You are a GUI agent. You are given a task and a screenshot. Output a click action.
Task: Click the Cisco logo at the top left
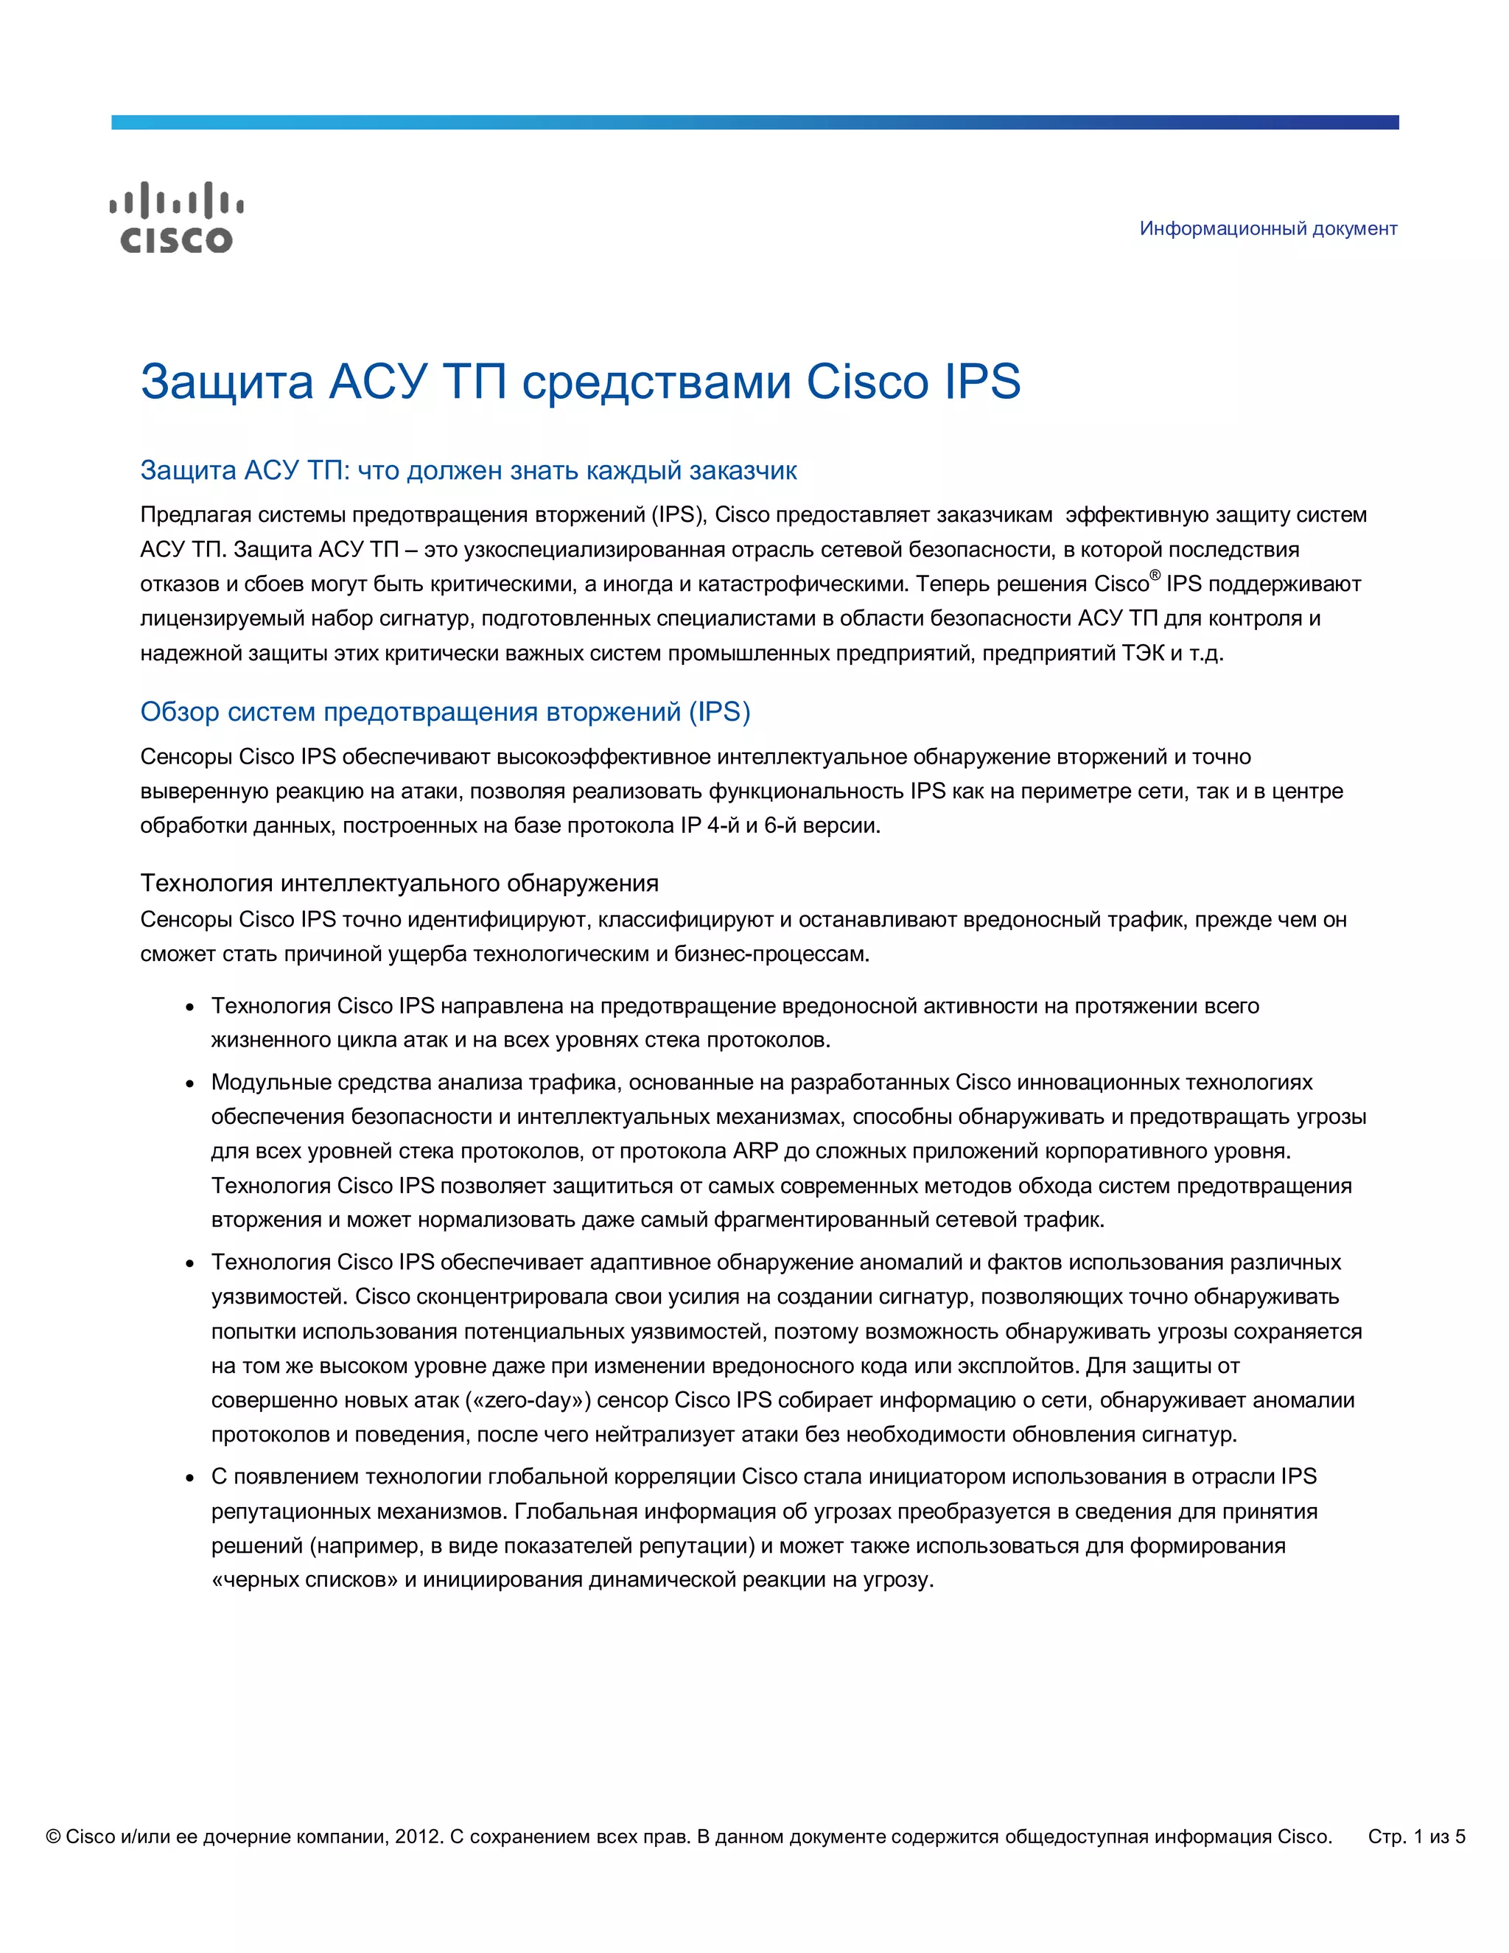tap(176, 217)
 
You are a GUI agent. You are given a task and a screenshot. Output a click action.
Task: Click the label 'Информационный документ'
tap(1267, 229)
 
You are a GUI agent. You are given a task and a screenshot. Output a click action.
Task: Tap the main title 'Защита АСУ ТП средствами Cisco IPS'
tap(580, 382)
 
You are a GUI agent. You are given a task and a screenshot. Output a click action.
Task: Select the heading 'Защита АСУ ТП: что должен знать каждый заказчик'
tap(469, 470)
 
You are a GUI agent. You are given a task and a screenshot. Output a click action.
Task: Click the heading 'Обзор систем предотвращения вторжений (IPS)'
tap(445, 712)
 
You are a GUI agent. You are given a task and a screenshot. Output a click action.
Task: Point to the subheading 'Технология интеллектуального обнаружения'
tap(399, 884)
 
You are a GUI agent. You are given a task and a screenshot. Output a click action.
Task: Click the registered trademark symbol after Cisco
tap(1155, 576)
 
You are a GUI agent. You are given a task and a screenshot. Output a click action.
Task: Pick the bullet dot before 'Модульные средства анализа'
tap(189, 1084)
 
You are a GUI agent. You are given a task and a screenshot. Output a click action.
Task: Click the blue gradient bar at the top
tap(754, 122)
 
